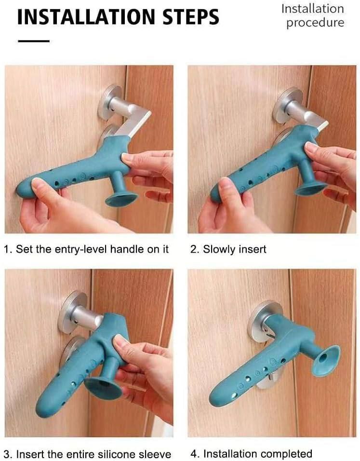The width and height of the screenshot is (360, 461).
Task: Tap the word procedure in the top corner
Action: pos(316,23)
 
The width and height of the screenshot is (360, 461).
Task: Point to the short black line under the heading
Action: pos(33,41)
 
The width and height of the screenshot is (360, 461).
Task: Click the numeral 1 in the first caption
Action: pos(6,249)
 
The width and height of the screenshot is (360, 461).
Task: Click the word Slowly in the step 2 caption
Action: pos(218,249)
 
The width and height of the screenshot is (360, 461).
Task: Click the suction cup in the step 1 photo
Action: pos(120,197)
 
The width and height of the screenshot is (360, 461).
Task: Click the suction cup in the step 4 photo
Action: pos(326,360)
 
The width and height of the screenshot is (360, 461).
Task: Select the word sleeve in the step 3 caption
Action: pos(155,454)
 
